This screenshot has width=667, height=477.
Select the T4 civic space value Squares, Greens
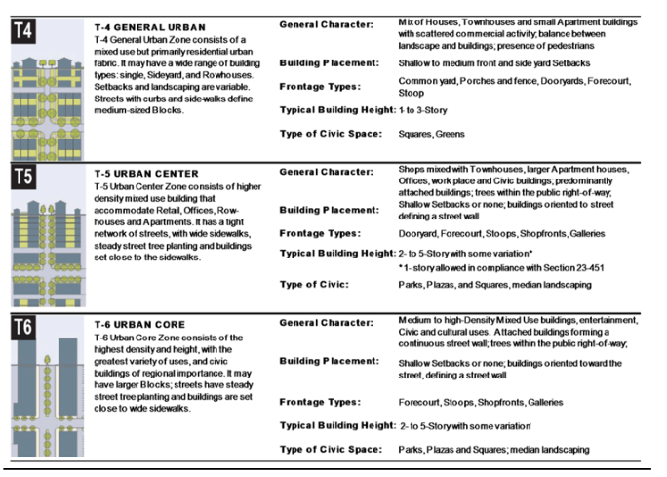(x=431, y=134)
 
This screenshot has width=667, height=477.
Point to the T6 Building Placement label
(x=327, y=361)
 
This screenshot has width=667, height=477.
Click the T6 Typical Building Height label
(x=337, y=425)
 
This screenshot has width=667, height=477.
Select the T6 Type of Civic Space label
(x=331, y=449)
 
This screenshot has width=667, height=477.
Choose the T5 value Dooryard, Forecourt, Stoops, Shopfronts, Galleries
(x=501, y=234)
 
